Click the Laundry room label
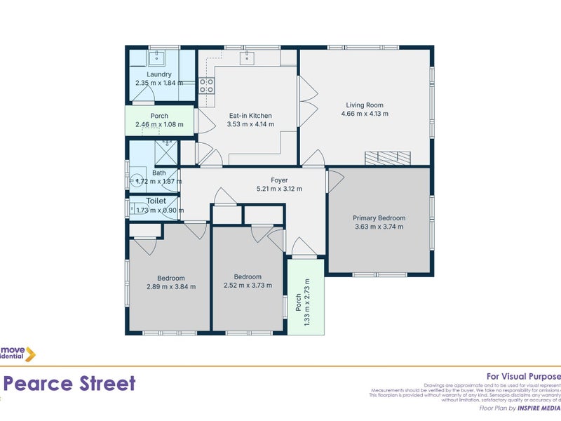coord(159,74)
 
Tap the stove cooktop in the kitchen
coord(206,86)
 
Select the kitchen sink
coord(248,57)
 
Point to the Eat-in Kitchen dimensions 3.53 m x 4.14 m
coord(250,124)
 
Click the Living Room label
coord(364,104)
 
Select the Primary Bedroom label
coord(379,218)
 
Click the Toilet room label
coord(156,201)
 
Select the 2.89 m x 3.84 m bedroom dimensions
coord(170,286)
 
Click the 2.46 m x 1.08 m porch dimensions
coord(159,125)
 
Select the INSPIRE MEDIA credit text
coord(539,408)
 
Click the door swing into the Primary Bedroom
coord(335,180)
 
